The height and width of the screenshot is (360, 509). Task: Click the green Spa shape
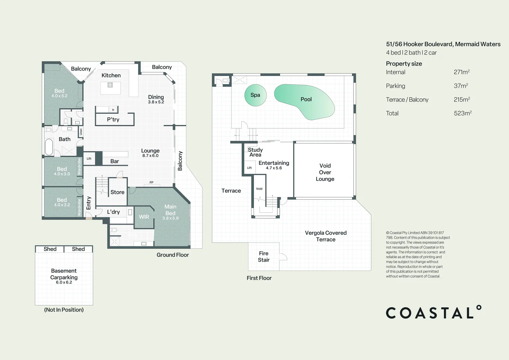tap(255, 95)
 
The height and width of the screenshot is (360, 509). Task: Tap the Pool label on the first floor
tap(306, 99)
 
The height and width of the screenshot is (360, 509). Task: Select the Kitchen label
tap(111, 75)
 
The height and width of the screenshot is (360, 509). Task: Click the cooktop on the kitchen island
tap(110, 85)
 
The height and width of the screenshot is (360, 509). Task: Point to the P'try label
tap(113, 120)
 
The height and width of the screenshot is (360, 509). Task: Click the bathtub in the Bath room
tap(49, 147)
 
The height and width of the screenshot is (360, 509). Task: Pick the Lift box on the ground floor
tap(89, 159)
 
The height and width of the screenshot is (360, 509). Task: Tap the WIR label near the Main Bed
tap(144, 217)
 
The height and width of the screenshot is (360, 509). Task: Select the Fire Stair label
tap(264, 257)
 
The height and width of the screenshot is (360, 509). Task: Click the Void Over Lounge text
tap(325, 172)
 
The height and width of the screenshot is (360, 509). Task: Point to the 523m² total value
tap(462, 113)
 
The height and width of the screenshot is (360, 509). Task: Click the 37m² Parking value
tap(461, 86)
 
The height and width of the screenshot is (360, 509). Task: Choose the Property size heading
tap(404, 64)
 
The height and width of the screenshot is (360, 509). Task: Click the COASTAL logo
tap(433, 313)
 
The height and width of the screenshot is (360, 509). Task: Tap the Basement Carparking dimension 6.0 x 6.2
tap(64, 282)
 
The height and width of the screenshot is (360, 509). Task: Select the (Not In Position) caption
tap(64, 310)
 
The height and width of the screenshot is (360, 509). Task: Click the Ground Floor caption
tap(173, 255)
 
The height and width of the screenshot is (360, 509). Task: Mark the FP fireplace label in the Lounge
tap(151, 182)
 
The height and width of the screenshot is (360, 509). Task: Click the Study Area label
tap(255, 152)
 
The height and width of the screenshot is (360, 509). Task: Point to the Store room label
tap(117, 192)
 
